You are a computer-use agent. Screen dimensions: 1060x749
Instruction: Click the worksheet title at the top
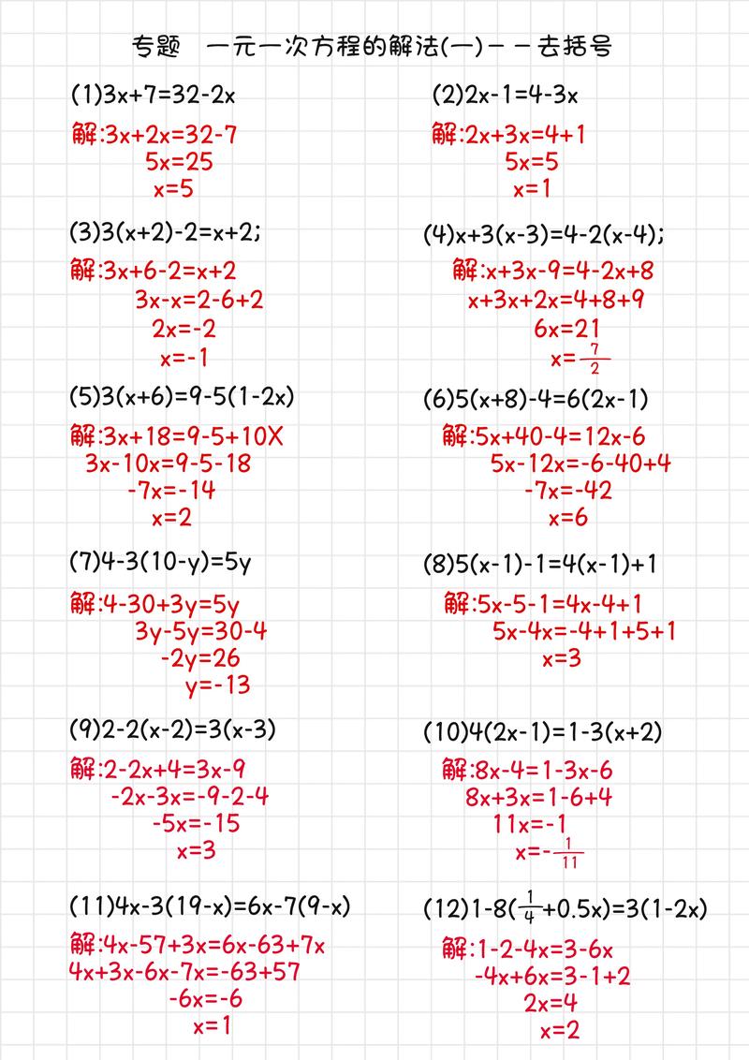(374, 46)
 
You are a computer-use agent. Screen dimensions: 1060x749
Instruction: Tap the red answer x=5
(173, 189)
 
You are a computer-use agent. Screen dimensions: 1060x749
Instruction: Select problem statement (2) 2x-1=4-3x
(505, 95)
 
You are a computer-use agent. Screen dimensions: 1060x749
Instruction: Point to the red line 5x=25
(179, 162)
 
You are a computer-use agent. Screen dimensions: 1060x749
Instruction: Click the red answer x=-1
(184, 357)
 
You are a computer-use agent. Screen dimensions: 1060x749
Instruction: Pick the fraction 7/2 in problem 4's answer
(595, 358)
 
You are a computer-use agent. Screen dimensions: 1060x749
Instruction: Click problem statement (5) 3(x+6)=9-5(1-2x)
(183, 397)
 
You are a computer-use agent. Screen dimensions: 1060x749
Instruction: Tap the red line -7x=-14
(171, 489)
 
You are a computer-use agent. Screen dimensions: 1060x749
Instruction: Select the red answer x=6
(568, 517)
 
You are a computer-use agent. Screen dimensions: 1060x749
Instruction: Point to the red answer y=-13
(218, 685)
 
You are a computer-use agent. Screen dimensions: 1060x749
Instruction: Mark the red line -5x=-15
(196, 823)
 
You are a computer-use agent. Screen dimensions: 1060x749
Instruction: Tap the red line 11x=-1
(530, 824)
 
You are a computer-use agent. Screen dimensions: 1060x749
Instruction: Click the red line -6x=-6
(205, 998)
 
